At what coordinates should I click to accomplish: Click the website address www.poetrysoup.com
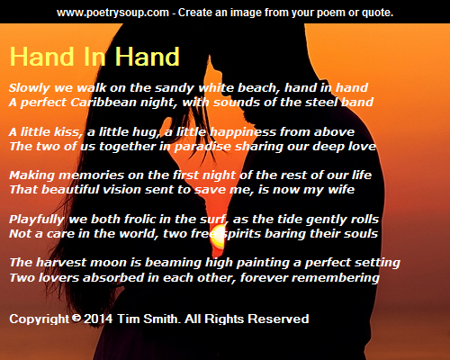click(x=112, y=13)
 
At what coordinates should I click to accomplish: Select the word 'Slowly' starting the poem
click(x=30, y=88)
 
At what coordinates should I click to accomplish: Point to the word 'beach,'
click(x=256, y=87)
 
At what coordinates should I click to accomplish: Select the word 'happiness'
click(x=243, y=132)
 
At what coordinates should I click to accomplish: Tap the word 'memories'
click(x=91, y=175)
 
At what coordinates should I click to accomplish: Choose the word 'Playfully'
click(x=37, y=220)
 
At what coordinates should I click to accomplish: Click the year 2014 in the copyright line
click(x=98, y=319)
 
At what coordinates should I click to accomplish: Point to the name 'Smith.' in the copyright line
click(x=162, y=319)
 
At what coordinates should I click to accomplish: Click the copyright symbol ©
click(x=76, y=318)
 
